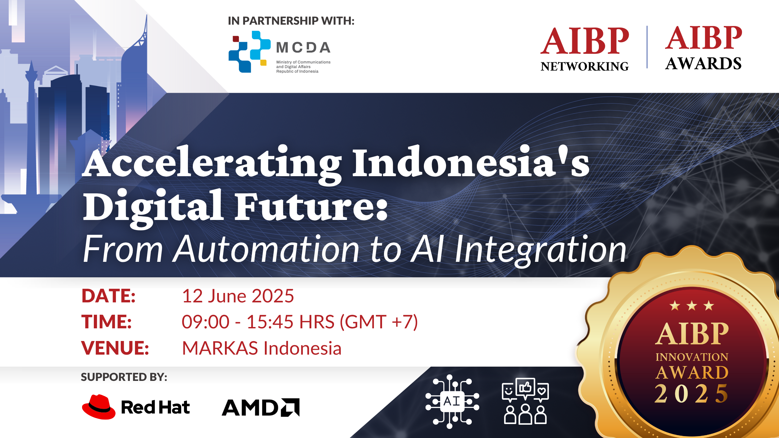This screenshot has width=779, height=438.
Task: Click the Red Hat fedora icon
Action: pyautogui.click(x=99, y=407)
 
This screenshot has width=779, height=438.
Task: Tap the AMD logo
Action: pyautogui.click(x=261, y=408)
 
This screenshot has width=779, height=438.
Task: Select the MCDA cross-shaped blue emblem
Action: pyautogui.click(x=249, y=52)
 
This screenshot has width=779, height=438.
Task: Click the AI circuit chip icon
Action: pyautogui.click(x=452, y=402)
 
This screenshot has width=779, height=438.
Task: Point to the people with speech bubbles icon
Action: pyautogui.click(x=525, y=402)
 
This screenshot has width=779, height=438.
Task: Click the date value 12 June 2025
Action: pyautogui.click(x=238, y=296)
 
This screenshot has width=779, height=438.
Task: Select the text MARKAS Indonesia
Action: pyautogui.click(x=262, y=348)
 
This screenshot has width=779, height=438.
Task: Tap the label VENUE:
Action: pyautogui.click(x=115, y=348)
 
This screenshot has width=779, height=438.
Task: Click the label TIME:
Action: pyautogui.click(x=107, y=322)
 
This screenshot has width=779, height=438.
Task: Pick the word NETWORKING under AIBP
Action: pyautogui.click(x=585, y=67)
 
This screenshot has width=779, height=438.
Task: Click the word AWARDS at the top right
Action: pyautogui.click(x=703, y=64)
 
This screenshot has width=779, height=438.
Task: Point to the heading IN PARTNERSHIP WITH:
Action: pyautogui.click(x=291, y=21)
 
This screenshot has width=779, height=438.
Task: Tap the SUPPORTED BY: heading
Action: pyautogui.click(x=124, y=377)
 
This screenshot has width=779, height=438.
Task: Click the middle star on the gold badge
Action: pyautogui.click(x=692, y=306)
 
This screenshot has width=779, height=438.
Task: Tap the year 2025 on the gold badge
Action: pyautogui.click(x=692, y=394)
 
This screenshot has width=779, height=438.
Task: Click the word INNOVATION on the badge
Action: pyautogui.click(x=692, y=357)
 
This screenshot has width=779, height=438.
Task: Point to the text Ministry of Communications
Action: pyautogui.click(x=303, y=62)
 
